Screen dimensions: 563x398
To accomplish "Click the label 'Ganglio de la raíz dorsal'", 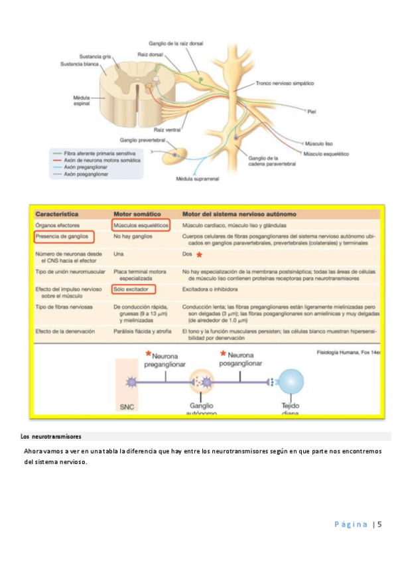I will (x=176, y=43).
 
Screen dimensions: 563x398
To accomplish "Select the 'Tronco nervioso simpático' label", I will (x=285, y=84).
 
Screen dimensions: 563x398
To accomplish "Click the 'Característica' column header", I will (x=57, y=215).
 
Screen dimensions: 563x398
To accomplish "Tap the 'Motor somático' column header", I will (x=137, y=215).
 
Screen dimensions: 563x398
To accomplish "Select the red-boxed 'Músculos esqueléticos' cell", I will (x=141, y=226).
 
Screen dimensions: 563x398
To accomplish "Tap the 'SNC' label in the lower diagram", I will (x=127, y=406).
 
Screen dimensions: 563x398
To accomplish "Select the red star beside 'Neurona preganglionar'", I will (x=148, y=354).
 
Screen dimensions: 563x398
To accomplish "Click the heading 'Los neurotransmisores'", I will (x=51, y=437).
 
